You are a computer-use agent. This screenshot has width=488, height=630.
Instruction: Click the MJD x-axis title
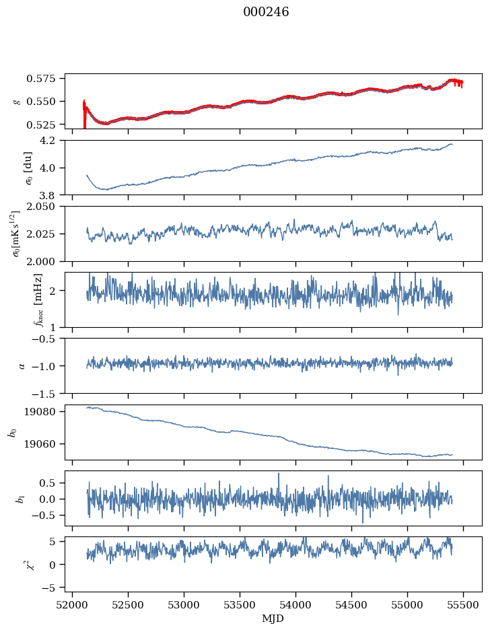273,619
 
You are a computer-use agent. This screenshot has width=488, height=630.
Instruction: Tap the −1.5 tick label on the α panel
48,392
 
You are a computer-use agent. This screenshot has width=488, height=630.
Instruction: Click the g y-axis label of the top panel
18,101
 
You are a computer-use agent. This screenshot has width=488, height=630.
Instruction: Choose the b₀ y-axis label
13,432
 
